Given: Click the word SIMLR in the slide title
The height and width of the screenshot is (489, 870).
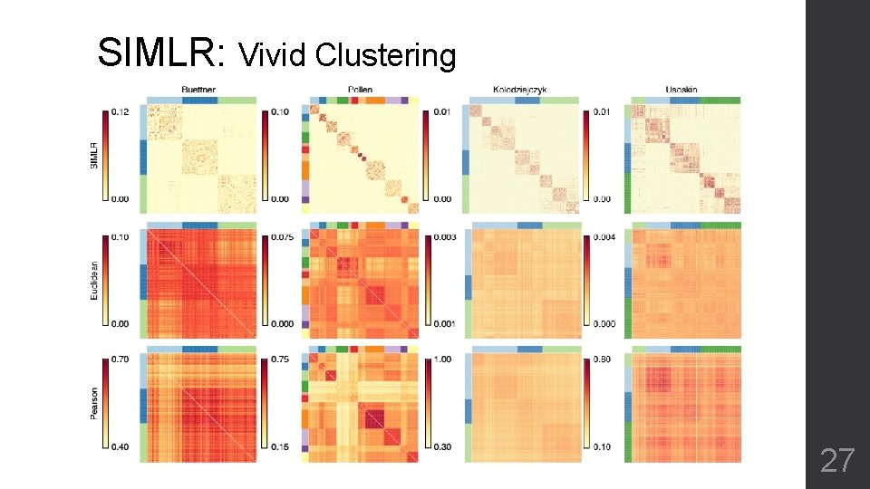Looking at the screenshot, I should point(162,53).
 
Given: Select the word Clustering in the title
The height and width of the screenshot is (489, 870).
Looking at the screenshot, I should point(385,57).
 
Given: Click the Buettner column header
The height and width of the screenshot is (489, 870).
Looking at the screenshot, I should point(199,90).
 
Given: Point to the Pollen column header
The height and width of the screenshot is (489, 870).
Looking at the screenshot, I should point(360,90).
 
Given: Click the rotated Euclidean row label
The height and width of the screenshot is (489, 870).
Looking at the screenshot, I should point(94,282).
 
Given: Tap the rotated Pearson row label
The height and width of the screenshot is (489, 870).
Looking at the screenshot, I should point(94,404).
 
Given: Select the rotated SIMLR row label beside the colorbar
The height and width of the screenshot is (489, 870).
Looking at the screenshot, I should point(94,154).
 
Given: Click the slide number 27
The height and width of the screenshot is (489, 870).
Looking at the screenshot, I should point(836,461).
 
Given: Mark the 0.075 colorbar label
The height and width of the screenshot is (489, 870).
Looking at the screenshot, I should point(281,238).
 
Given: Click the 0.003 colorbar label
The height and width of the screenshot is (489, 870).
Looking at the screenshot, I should point(442,238).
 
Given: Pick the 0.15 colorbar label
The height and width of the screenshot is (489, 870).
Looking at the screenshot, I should point(281,446).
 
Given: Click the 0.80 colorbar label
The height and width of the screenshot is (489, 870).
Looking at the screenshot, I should point(602,360).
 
